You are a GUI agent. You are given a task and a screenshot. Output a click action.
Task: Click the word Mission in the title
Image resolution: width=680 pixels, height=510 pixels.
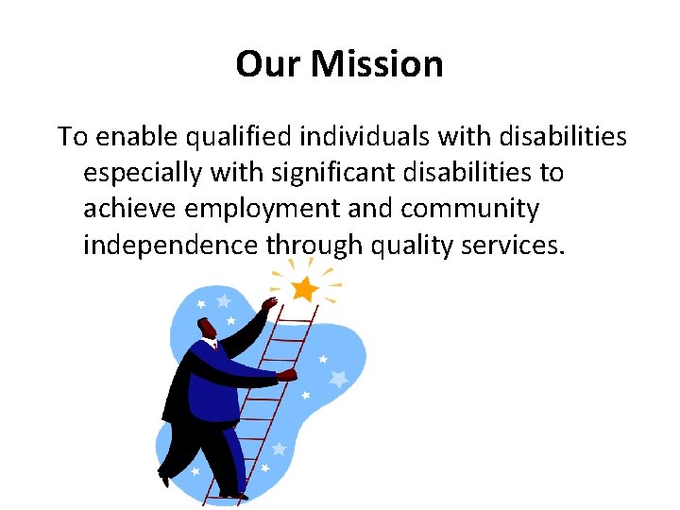coord(378,64)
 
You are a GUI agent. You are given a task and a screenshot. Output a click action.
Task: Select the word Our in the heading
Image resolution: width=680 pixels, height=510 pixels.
coord(270,64)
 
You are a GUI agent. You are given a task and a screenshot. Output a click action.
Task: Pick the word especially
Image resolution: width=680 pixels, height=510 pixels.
coord(142,174)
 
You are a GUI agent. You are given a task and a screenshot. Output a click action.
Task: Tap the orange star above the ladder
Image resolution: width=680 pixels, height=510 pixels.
coord(304,289)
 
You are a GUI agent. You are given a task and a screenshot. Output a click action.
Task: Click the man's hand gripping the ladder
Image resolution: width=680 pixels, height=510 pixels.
coord(286,375)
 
